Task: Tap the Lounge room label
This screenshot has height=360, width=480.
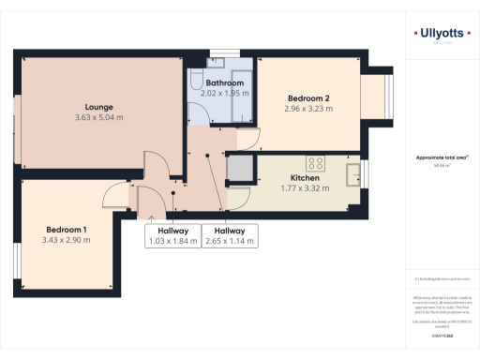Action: (x=98, y=106)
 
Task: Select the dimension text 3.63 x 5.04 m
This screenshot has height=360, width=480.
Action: (x=98, y=117)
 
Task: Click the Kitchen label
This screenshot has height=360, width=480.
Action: (x=306, y=177)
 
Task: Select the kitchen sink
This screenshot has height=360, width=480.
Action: (x=353, y=174)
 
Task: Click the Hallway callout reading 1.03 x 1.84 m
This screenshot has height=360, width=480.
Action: (x=173, y=236)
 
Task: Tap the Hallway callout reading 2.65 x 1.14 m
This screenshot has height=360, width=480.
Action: (x=230, y=236)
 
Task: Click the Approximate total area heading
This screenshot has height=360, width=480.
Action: (x=441, y=157)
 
